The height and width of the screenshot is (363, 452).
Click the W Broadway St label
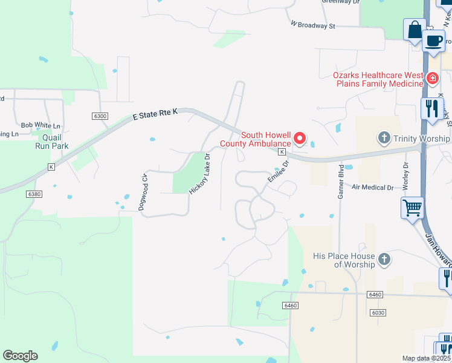click(312, 25)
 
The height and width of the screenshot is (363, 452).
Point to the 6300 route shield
click(100, 116)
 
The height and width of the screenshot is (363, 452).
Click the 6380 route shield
click(35, 194)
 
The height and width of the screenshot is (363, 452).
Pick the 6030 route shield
click(378, 312)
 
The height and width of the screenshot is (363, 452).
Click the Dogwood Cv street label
click(143, 191)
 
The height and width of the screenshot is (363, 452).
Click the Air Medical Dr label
click(372, 188)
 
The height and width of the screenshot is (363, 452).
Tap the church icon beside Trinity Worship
click(384, 139)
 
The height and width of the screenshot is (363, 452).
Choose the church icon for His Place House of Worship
click(384, 260)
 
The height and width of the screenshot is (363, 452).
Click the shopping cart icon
click(412, 208)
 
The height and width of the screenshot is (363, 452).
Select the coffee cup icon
click(433, 41)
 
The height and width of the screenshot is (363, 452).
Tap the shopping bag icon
click(415, 30)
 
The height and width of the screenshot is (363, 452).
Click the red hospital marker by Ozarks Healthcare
click(432, 79)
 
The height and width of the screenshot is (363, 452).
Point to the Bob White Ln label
click(40, 125)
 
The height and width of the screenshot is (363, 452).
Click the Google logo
click(20, 356)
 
